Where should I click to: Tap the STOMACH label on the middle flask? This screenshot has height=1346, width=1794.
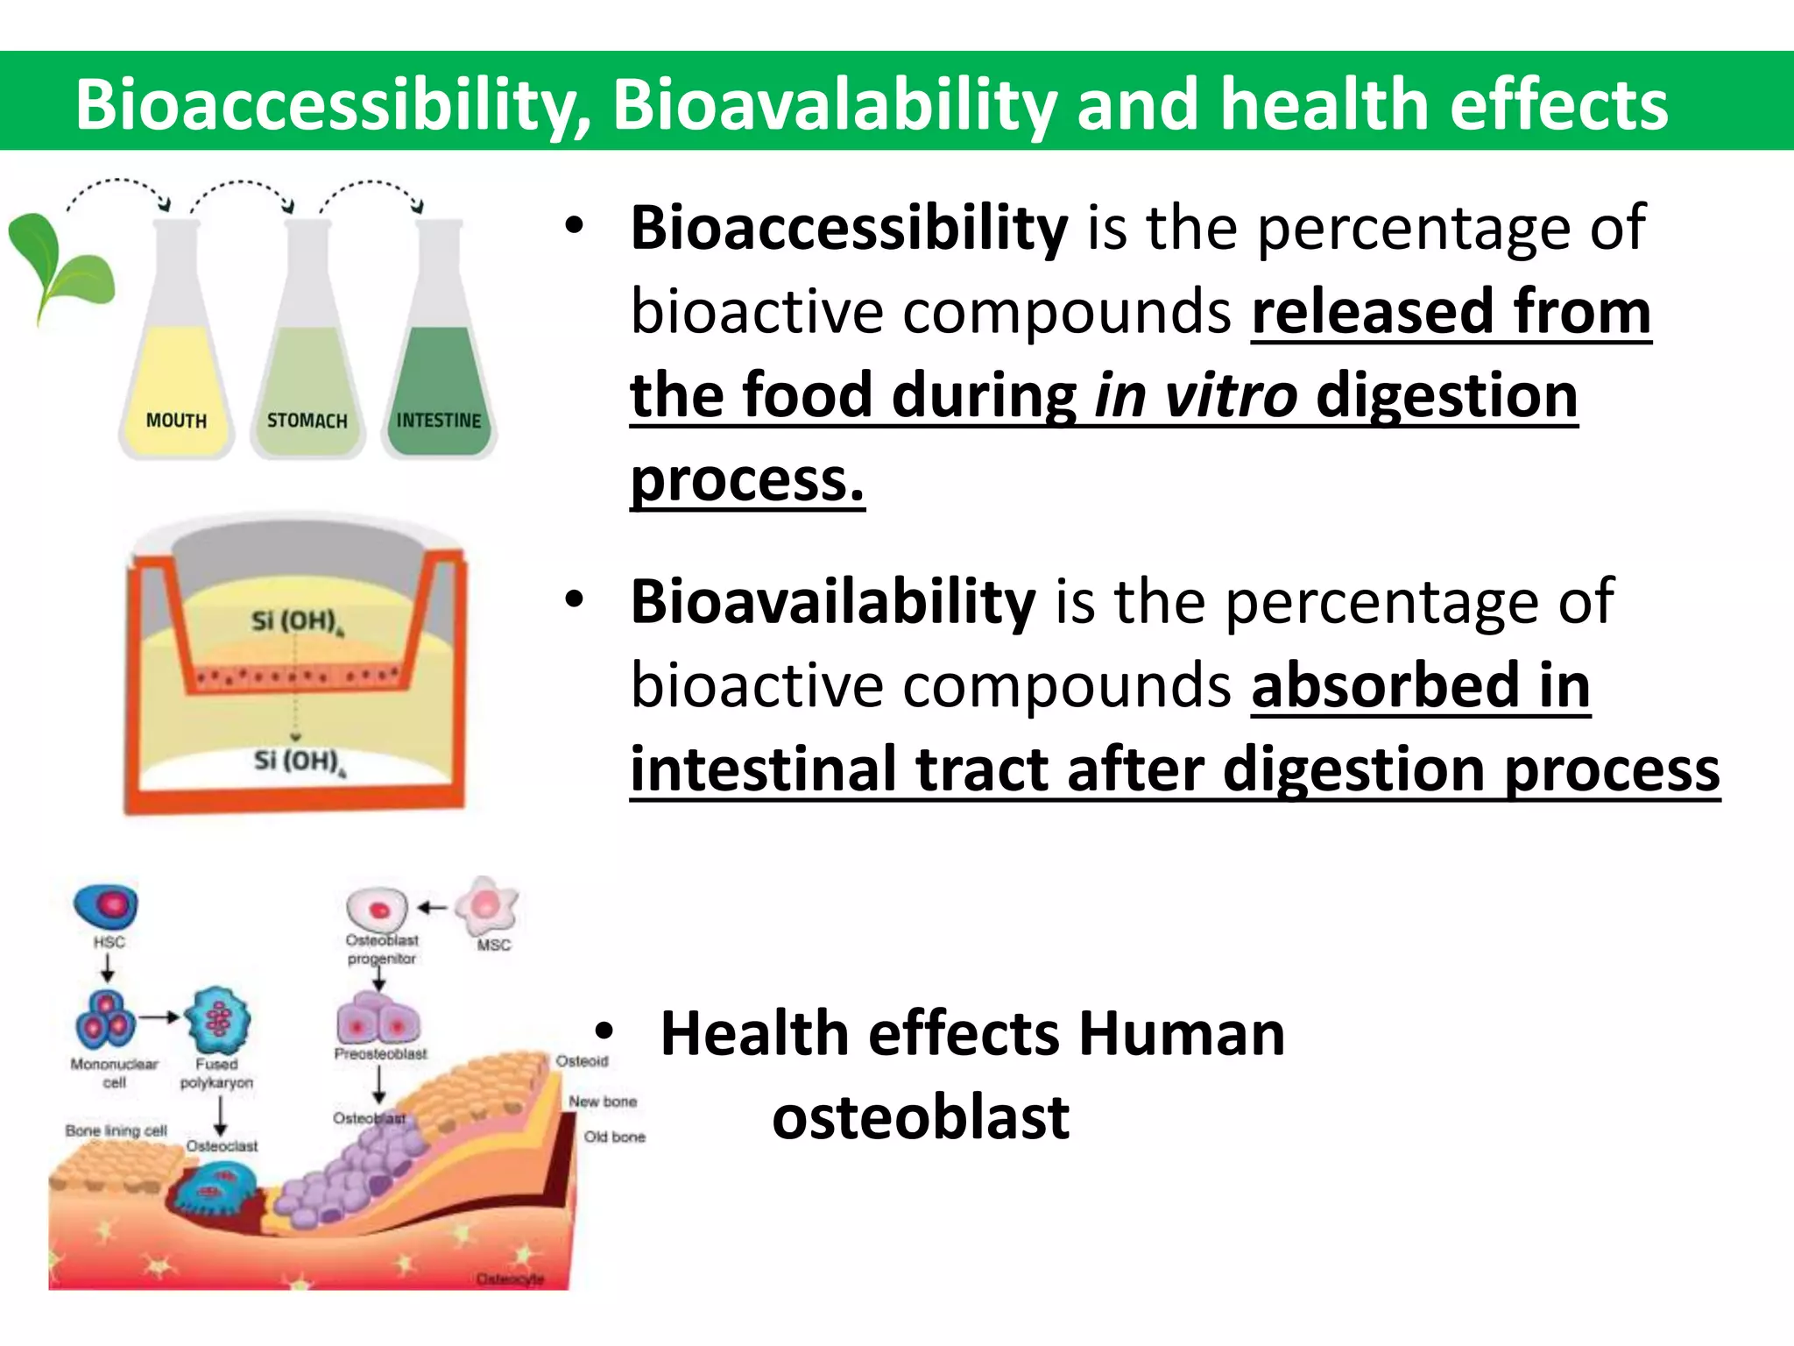click(307, 421)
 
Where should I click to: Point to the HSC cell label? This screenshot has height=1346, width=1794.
click(109, 942)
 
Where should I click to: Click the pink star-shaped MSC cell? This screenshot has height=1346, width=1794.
click(487, 905)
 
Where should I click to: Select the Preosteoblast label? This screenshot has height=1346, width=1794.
click(380, 1054)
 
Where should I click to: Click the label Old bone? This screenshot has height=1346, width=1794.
click(614, 1137)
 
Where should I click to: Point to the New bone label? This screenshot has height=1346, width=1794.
click(603, 1102)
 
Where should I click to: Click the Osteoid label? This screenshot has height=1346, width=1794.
click(582, 1061)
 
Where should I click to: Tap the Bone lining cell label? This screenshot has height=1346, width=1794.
click(116, 1130)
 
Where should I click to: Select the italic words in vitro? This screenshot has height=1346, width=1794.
click(1196, 395)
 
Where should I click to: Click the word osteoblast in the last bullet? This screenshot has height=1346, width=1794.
click(920, 1117)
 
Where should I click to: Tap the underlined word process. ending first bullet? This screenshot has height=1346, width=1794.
click(747, 479)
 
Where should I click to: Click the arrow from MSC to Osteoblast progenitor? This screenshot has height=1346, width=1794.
click(432, 908)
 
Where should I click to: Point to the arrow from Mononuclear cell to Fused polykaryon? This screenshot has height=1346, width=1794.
click(159, 1017)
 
